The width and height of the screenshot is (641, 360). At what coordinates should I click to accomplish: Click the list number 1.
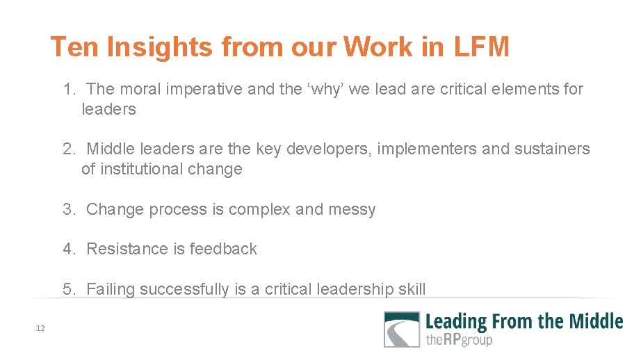coord(68,89)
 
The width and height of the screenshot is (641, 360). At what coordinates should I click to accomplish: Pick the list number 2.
coord(68,149)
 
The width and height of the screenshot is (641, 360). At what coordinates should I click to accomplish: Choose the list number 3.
coord(68,209)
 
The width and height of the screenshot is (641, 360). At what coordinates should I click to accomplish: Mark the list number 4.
coord(68,249)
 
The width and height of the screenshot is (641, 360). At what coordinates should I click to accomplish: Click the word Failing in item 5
coord(111,289)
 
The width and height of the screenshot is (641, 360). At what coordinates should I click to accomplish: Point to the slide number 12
coord(40,328)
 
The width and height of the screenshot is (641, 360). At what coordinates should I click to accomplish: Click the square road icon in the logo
coord(402,329)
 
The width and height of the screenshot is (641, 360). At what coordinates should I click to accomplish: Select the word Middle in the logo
coord(595,321)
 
